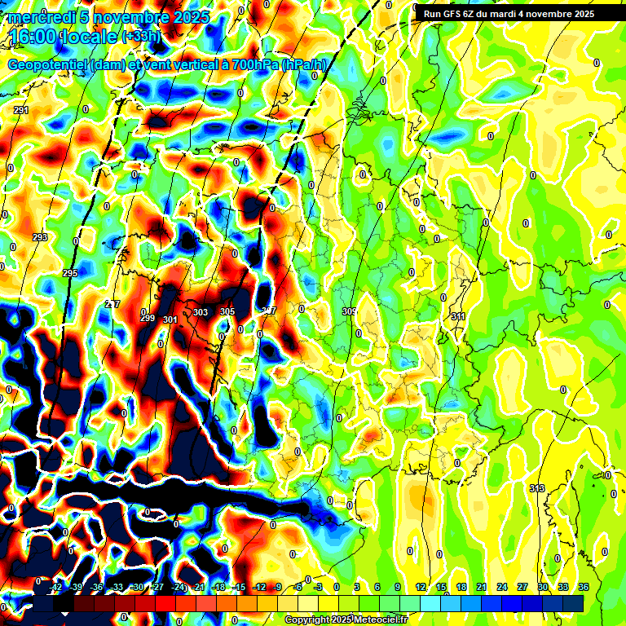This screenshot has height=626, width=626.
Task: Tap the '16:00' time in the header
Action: click(30, 36)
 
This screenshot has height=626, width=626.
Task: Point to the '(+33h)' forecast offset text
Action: click(141, 37)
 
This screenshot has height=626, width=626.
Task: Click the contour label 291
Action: click(21, 110)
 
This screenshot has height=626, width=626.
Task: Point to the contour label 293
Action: click(40, 237)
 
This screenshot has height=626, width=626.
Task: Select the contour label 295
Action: click(70, 273)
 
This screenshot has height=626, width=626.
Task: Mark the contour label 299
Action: click(148, 318)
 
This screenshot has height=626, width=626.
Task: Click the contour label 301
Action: click(170, 320)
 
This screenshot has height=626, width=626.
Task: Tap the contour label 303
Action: click(201, 312)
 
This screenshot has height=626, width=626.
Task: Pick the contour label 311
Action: click(458, 316)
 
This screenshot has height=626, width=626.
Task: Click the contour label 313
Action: click(536, 488)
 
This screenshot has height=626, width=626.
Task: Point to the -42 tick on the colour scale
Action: click(56, 588)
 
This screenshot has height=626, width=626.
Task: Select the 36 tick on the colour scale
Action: click(584, 588)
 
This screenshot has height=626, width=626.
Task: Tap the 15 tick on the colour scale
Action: click(440, 588)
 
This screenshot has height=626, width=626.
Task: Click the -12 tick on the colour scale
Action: click(259, 588)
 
